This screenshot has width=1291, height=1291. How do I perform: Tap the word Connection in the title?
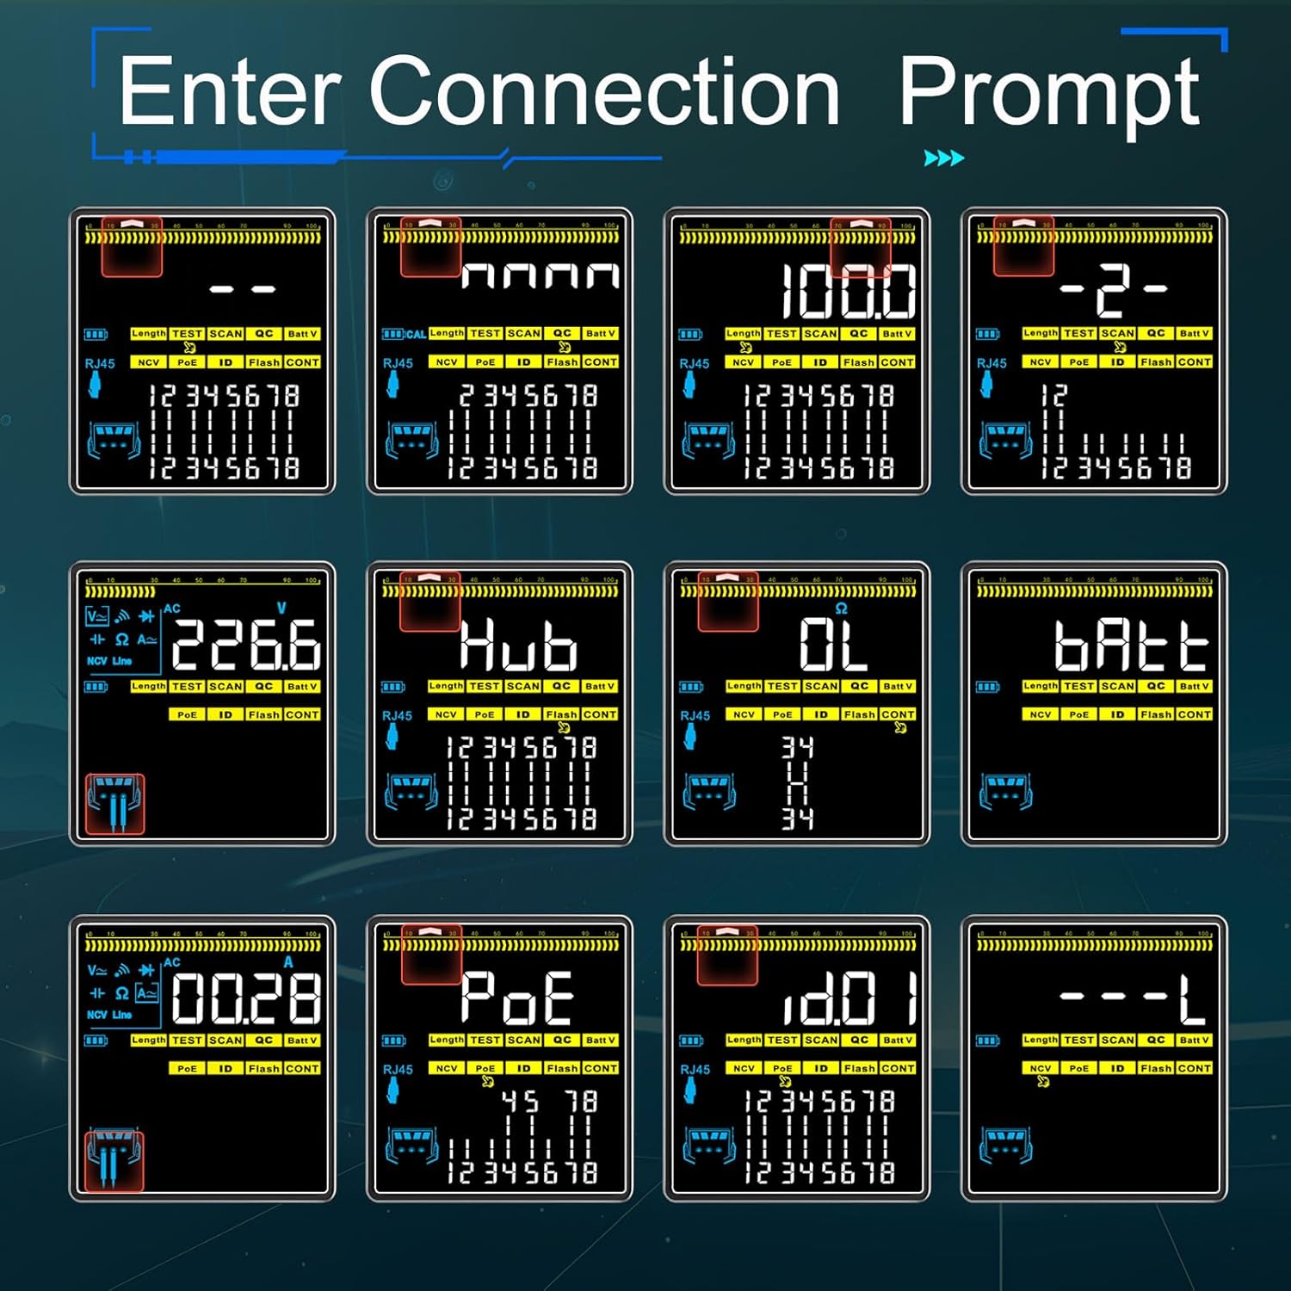coord(604,90)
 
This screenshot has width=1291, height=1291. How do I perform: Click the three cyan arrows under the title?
coord(943,158)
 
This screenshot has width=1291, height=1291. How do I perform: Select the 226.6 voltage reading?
coord(246,644)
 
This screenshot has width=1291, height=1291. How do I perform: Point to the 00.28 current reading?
coord(246,998)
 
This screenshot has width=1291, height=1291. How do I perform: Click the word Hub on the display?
coord(518,645)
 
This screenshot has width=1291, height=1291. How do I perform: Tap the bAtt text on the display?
coord(1131,645)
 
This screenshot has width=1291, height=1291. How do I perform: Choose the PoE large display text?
coord(517,998)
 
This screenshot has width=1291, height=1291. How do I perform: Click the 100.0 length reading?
coord(849,291)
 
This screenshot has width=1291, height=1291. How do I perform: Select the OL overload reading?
coord(832,645)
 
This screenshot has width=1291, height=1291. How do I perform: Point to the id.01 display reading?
coord(849,998)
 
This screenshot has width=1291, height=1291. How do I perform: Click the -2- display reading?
coord(1112,291)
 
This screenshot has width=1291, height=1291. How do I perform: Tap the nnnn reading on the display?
coord(540,275)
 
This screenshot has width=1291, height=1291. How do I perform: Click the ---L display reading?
coord(1131,998)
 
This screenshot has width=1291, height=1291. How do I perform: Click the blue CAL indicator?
coord(416,334)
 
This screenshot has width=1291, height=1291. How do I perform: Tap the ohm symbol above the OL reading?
coord(841,608)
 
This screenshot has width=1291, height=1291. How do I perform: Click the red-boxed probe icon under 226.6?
coord(115,804)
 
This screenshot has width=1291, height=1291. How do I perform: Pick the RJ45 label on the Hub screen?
coord(397,715)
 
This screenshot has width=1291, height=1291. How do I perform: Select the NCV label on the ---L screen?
coord(1040,1068)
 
